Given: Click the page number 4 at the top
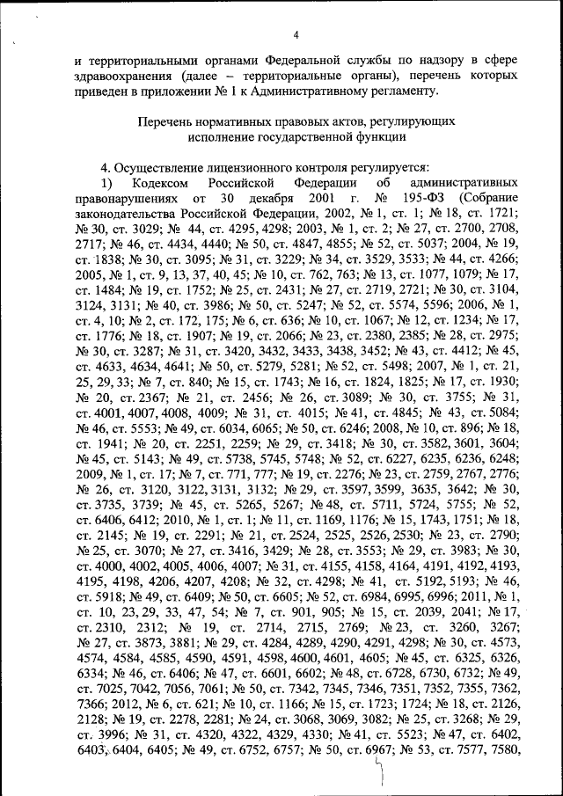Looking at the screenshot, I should pos(296,34).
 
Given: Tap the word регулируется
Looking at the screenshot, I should pos(365,166).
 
